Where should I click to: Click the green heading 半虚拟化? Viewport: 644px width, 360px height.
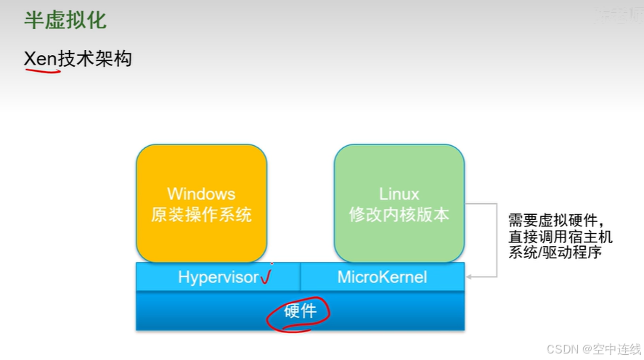[65, 20]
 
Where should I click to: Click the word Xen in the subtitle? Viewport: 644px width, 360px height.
[41, 59]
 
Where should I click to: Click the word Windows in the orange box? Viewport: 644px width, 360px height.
[201, 194]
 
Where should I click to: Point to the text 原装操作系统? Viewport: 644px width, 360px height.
[201, 215]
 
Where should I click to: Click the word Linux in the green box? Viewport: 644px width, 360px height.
[399, 194]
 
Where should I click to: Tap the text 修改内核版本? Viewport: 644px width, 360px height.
[399, 215]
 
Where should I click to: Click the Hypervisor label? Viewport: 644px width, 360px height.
[218, 277]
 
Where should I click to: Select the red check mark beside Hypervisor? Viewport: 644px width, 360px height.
[265, 277]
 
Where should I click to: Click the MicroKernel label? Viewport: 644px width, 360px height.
[382, 277]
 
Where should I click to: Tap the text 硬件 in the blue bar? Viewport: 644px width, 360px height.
[300, 311]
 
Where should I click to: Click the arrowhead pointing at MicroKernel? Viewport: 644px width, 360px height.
[470, 277]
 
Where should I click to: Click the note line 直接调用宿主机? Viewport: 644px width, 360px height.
[560, 237]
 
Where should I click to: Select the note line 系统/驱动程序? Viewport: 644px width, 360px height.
[555, 253]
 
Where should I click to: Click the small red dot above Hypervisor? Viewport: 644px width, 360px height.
[272, 263]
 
